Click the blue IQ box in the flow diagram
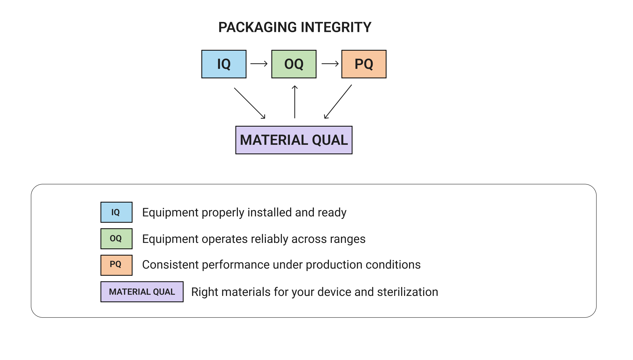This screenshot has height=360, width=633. tap(224, 64)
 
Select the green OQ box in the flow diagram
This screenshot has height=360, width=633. tap(294, 64)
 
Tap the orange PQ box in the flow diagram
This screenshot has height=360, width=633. tap(364, 64)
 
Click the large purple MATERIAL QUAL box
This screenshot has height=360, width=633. tap(294, 140)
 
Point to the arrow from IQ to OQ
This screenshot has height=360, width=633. tap(259, 64)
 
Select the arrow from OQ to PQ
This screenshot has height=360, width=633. tap(330, 64)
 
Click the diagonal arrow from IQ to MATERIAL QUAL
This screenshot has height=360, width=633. tap(250, 103)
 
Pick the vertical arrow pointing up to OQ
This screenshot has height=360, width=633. tap(295, 102)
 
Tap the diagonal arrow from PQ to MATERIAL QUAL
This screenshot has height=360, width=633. tap(338, 102)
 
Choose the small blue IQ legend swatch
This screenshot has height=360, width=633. tap(116, 212)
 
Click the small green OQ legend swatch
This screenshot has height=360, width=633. tap(116, 239)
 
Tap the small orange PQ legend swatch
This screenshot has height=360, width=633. tap(116, 265)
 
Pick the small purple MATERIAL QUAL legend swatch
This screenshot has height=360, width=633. tap(142, 292)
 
